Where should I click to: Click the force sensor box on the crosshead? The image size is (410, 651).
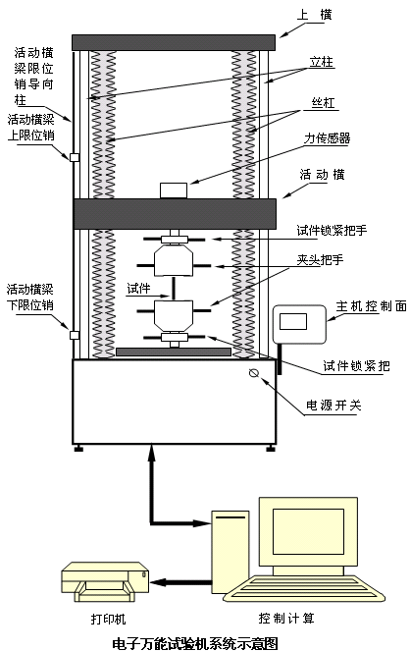coord(174,190)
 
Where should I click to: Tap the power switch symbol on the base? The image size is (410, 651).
coord(254,372)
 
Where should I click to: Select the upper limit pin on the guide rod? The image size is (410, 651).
coord(75,157)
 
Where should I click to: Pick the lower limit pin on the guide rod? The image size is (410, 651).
coord(75,335)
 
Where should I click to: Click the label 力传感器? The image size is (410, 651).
coord(327,138)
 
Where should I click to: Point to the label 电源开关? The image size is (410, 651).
coord(333,405)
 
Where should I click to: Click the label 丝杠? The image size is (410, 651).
coord(324,102)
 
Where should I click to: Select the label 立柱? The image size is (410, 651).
coord(322,62)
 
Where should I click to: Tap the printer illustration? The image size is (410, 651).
coord(105,581)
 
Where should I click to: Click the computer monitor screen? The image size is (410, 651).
coord(308,531)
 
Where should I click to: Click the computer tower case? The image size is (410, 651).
coord(231,552)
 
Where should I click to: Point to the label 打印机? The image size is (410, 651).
coord(108,620)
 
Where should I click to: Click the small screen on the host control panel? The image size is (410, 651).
coord(293,321)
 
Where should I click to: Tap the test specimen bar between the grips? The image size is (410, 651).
coord(174,288)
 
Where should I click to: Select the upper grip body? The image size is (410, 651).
coord(174,260)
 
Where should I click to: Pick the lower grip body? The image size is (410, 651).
coord(174,316)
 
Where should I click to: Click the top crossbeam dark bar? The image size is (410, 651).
coord(174,43)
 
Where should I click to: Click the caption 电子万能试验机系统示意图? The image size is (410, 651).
coord(195,643)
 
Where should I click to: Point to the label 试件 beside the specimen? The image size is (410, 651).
coord(138,289)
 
